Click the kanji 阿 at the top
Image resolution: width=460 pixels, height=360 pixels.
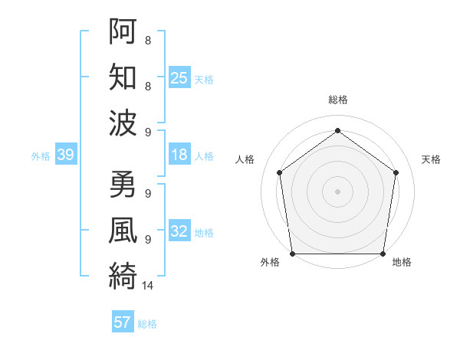click(x=123, y=33)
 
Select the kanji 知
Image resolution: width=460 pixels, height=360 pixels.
click(x=123, y=77)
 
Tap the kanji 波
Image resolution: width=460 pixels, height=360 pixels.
click(x=123, y=123)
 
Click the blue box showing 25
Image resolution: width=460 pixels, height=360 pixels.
click(x=179, y=77)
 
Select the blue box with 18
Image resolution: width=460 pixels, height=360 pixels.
click(x=179, y=155)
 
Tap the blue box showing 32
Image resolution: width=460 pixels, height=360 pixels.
click(x=179, y=231)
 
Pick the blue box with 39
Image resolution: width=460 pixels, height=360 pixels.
click(x=65, y=155)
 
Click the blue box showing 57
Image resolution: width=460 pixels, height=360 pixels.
click(x=122, y=322)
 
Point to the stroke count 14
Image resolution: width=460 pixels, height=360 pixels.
click(x=148, y=286)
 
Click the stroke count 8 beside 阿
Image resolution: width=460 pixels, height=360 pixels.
click(x=147, y=40)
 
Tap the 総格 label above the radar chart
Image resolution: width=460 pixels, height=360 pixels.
click(x=338, y=100)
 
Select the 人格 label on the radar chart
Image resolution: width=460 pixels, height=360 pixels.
click(x=245, y=159)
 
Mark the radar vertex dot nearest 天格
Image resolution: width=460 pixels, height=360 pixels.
click(x=396, y=172)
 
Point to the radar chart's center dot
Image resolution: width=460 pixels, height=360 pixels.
click(x=338, y=191)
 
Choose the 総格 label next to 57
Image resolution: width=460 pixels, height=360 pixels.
click(x=147, y=324)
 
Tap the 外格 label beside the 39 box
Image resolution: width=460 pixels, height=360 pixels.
click(x=41, y=156)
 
